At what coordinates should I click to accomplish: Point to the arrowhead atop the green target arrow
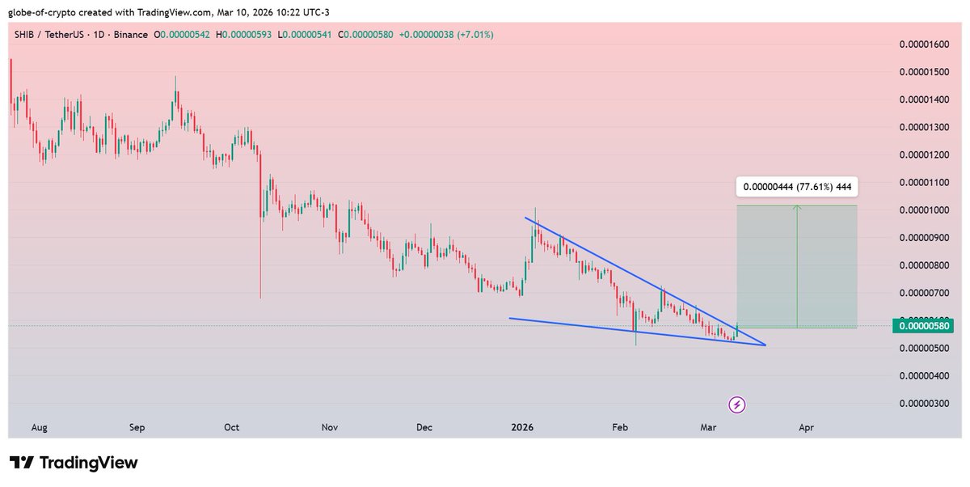pyautogui.click(x=798, y=208)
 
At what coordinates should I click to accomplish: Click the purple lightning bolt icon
pyautogui.click(x=737, y=404)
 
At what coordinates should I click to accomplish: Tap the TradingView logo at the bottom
pyautogui.click(x=74, y=463)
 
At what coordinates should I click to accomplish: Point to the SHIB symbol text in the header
pyautogui.click(x=23, y=35)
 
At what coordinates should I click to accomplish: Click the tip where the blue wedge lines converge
pyautogui.click(x=765, y=345)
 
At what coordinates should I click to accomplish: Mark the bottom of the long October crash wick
pyautogui.click(x=260, y=298)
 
